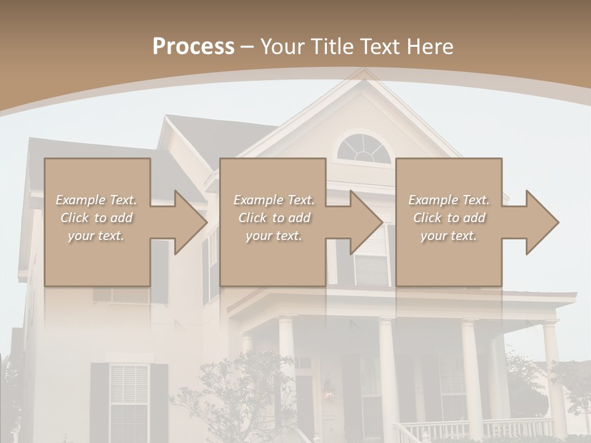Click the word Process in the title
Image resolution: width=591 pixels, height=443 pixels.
pyautogui.click(x=193, y=47)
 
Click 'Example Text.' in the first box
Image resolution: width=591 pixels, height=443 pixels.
pyautogui.click(x=96, y=200)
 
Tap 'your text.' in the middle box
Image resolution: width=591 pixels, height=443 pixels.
pyautogui.click(x=273, y=236)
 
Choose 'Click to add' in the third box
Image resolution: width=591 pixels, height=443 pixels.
pyautogui.click(x=449, y=218)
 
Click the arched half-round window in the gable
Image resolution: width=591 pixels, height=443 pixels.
pyautogui.click(x=364, y=150)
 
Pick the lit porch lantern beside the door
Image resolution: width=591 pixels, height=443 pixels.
pyautogui.click(x=329, y=391)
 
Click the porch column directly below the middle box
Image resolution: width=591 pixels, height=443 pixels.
pyautogui.click(x=287, y=357)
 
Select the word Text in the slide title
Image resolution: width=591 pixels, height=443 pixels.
pyautogui.click(x=379, y=47)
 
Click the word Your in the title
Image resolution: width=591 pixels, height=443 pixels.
pyautogui.click(x=282, y=47)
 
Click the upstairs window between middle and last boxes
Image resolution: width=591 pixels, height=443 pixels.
pyautogui.click(x=372, y=258)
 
